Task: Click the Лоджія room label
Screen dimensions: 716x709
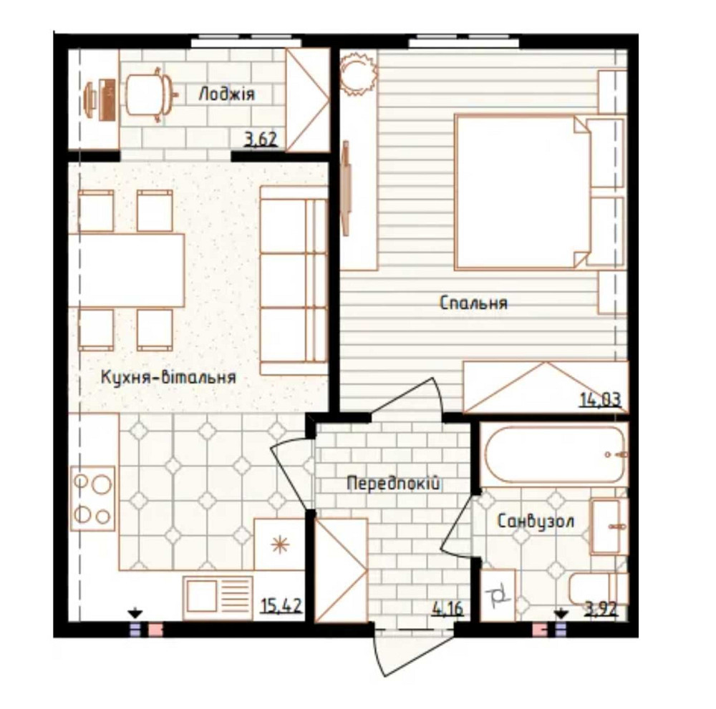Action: [x=226, y=94]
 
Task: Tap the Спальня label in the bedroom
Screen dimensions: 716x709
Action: [x=473, y=303]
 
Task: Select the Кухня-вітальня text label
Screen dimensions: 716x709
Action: [x=168, y=377]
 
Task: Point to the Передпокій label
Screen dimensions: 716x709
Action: [x=393, y=482]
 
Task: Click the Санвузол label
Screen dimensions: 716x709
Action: [x=535, y=521]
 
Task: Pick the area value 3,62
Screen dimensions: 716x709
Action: [x=261, y=140]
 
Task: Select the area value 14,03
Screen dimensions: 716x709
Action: [x=601, y=400]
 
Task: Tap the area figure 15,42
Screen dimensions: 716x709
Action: [x=281, y=606]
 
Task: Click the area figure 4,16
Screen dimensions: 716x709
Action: [x=447, y=608]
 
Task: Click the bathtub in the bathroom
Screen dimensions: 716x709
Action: [x=553, y=454]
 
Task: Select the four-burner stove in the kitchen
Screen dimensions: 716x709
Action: [x=92, y=498]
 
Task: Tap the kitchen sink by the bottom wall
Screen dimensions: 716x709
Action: [x=218, y=598]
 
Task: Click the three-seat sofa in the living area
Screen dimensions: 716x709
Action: [x=294, y=280]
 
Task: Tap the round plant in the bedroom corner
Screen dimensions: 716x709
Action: [x=359, y=73]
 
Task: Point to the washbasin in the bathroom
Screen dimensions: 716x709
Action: [x=609, y=527]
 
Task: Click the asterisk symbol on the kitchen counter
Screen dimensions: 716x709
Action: [x=279, y=545]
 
